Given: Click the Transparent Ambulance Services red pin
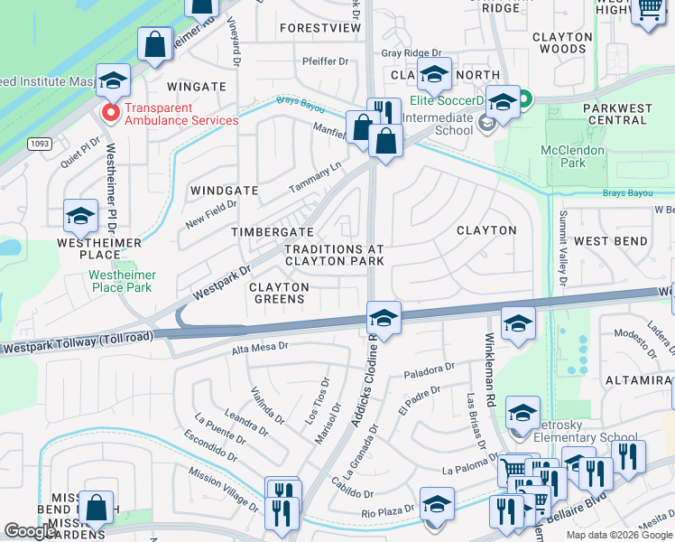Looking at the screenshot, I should click(111, 113).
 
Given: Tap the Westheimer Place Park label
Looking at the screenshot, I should click(123, 281).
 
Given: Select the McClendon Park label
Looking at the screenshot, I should click(564, 156).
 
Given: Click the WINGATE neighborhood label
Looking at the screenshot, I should click(196, 87).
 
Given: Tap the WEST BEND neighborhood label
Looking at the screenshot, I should click(610, 241).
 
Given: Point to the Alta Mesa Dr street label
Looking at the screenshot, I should click(260, 346).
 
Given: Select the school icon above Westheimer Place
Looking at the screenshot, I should click(80, 217).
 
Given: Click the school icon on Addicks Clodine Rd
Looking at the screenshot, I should click(384, 319).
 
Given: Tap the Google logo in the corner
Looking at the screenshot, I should click(31, 531).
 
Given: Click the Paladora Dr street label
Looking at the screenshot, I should click(429, 369).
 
